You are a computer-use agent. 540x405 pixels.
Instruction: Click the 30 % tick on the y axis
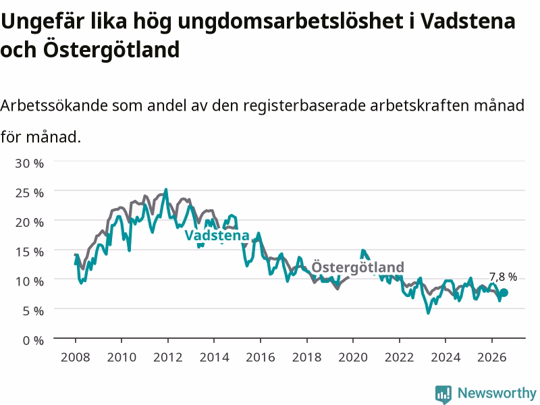(29, 163)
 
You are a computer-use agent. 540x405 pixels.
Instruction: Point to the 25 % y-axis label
(29, 192)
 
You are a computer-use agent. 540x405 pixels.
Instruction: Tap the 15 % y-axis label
(29, 252)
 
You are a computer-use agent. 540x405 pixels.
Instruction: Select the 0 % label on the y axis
(33, 341)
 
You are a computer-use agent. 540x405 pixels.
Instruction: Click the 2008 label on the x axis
(75, 357)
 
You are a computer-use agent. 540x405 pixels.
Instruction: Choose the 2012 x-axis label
(167, 357)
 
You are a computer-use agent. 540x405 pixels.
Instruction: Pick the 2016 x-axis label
(261, 357)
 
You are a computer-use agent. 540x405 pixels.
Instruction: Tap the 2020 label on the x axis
(353, 357)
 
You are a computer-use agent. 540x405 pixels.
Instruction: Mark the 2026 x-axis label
(492, 357)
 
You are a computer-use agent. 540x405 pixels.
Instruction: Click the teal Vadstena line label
(217, 236)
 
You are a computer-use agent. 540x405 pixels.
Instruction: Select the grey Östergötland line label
(358, 267)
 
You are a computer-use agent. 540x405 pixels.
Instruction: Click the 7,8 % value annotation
(503, 277)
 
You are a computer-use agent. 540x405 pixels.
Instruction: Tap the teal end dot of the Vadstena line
(504, 293)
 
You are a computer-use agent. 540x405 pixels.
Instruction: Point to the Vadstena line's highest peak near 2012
(166, 189)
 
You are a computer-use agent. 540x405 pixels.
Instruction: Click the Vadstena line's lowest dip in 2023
(429, 313)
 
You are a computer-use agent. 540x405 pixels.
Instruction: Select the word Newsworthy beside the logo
(497, 393)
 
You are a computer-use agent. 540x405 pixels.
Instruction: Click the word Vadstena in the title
(468, 21)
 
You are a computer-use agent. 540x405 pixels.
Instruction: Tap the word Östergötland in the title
(111, 49)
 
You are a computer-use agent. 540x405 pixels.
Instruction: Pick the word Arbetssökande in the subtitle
(54, 105)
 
